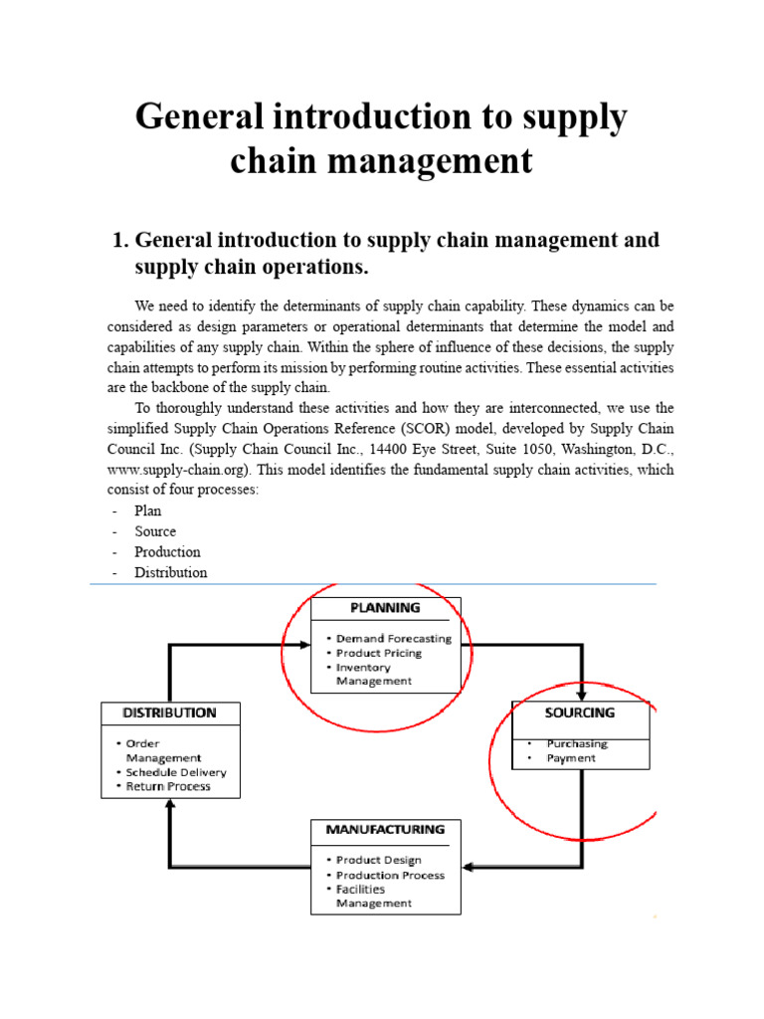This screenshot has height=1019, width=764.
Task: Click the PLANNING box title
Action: [385, 607]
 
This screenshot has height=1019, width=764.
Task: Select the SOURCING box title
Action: [580, 713]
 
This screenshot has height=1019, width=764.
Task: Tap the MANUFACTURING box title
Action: [385, 829]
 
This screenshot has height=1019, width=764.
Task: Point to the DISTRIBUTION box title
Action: [169, 713]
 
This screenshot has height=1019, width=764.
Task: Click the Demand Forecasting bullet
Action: [393, 638]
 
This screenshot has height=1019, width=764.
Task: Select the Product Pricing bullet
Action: [379, 653]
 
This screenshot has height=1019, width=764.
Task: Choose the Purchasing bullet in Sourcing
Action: [577, 743]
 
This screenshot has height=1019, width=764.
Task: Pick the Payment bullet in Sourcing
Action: [571, 758]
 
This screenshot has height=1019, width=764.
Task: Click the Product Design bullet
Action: [378, 860]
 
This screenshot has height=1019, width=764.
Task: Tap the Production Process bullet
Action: [390, 875]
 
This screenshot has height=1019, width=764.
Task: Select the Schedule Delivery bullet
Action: [176, 772]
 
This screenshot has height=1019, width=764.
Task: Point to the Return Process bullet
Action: [168, 786]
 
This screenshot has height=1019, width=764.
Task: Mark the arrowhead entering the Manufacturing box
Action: [469, 866]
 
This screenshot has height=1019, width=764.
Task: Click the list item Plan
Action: [148, 510]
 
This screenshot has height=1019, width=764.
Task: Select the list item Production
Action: [167, 551]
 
